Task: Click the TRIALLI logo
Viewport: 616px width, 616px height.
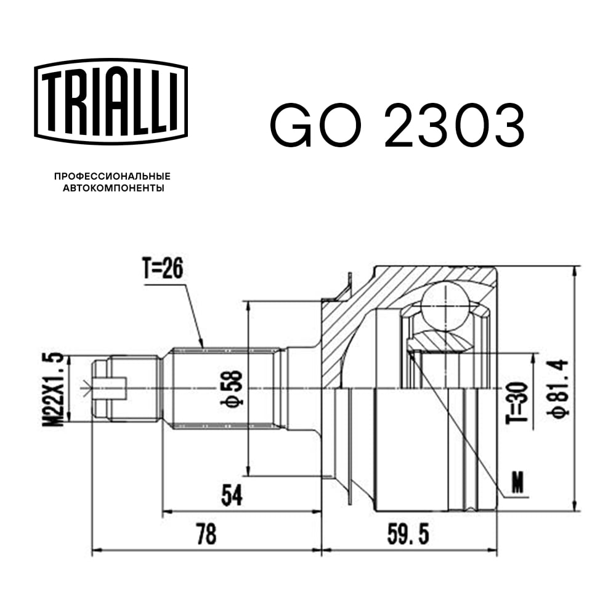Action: pyautogui.click(x=111, y=102)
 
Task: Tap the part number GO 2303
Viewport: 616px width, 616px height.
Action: pyautogui.click(x=397, y=124)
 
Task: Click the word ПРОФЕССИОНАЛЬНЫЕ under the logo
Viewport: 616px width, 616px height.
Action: pyautogui.click(x=112, y=176)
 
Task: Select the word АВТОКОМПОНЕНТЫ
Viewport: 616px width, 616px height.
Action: pyautogui.click(x=113, y=188)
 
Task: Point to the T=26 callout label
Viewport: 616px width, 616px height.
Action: pyautogui.click(x=163, y=269)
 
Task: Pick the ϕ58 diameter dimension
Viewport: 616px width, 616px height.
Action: pyautogui.click(x=235, y=388)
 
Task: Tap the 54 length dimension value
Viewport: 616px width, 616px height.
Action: pyautogui.click(x=232, y=495)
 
